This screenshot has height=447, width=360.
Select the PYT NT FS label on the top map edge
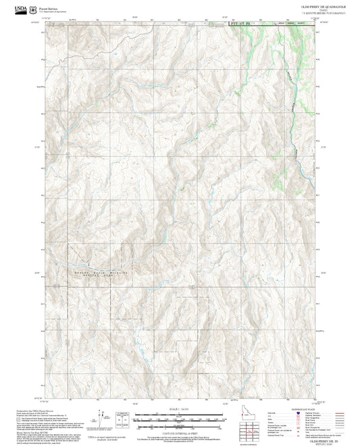point(239,24)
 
